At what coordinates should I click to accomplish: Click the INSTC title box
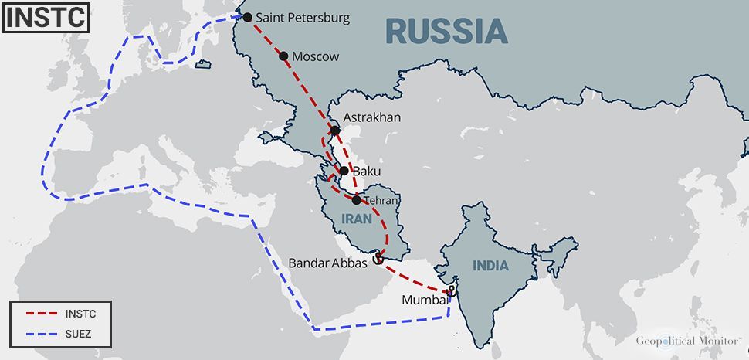pyautogui.click(x=44, y=17)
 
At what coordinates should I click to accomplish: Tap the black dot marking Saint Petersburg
pyautogui.click(x=247, y=17)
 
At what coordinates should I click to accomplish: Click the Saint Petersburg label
pyautogui.click(x=302, y=17)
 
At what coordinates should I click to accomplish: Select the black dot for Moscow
pyautogui.click(x=283, y=56)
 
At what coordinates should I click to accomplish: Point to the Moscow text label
pyautogui.click(x=315, y=56)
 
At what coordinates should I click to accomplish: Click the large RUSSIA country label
pyautogui.click(x=446, y=31)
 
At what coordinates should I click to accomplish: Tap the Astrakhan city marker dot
pyautogui.click(x=335, y=131)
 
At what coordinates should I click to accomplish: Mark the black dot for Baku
pyautogui.click(x=344, y=171)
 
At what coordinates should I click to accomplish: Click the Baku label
pyautogui.click(x=367, y=171)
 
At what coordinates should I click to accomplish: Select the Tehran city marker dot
pyautogui.click(x=356, y=200)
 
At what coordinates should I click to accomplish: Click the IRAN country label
pyautogui.click(x=357, y=219)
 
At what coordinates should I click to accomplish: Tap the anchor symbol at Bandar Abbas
pyautogui.click(x=378, y=258)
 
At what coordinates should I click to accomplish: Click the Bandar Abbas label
pyautogui.click(x=328, y=263)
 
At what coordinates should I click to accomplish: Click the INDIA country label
pyautogui.click(x=491, y=266)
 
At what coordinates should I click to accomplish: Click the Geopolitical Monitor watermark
pyautogui.click(x=687, y=341)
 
